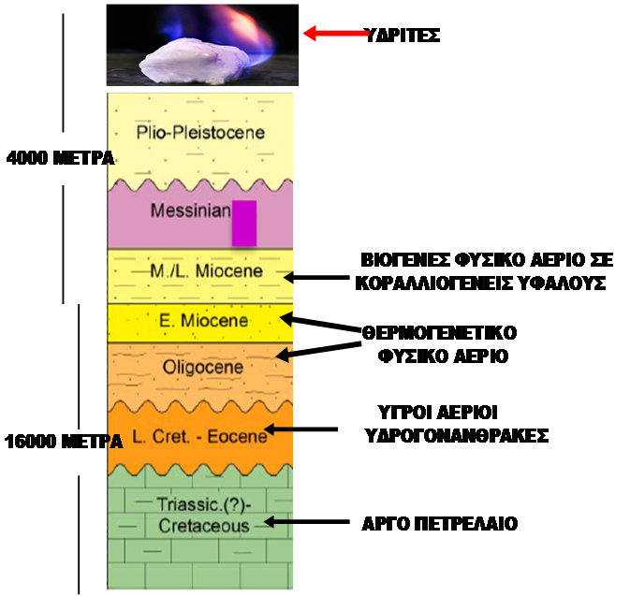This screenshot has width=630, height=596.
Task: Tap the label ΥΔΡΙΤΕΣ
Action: click(x=402, y=36)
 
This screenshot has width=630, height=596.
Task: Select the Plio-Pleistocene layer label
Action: click(x=200, y=133)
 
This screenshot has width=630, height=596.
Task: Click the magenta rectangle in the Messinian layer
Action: click(x=244, y=223)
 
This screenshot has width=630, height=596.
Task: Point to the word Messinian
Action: click(x=190, y=211)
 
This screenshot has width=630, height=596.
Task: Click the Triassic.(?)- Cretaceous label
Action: click(x=202, y=515)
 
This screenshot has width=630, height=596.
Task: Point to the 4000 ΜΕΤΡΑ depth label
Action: click(x=60, y=158)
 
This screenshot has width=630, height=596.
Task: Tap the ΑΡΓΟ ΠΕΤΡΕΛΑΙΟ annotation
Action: click(x=439, y=524)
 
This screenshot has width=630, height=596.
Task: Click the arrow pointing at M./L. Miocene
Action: click(x=318, y=277)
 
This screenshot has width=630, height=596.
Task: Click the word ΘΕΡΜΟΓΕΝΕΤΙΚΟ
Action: click(x=440, y=332)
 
